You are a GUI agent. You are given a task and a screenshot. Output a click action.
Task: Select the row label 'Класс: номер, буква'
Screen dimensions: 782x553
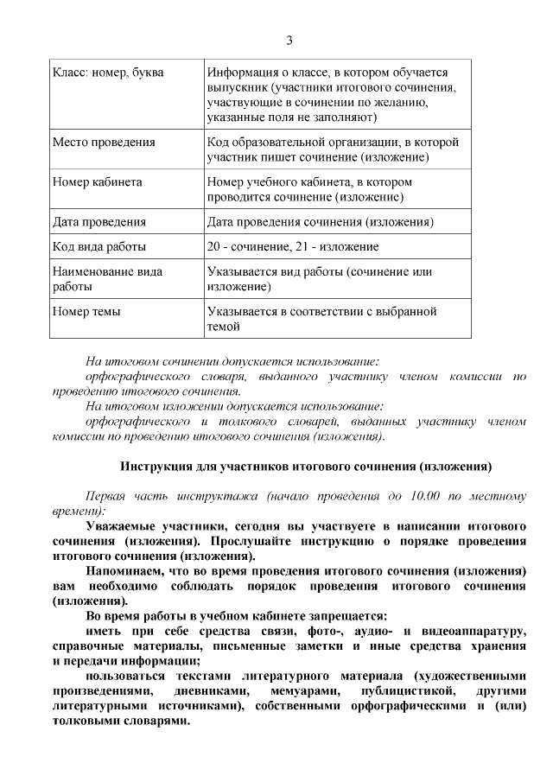click(x=108, y=73)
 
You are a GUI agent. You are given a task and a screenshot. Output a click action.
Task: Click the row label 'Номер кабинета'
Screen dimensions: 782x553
click(x=98, y=182)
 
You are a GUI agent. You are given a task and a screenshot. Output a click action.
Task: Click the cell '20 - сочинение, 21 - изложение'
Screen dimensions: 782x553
click(x=293, y=246)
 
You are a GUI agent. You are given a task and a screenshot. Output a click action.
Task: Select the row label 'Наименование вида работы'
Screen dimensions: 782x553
click(x=107, y=278)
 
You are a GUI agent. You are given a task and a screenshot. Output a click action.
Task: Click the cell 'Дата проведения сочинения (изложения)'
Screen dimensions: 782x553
click(x=320, y=222)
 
